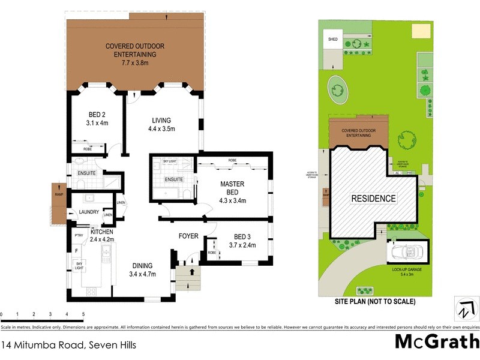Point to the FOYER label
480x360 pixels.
tap(189, 236)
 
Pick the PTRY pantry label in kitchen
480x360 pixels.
tap(77, 236)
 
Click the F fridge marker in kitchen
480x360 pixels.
tap(76, 250)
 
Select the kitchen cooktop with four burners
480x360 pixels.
tap(92, 292)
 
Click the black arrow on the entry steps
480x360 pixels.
tap(192, 271)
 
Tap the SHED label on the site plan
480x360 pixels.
tap(332, 40)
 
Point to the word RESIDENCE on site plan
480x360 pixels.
tap(373, 198)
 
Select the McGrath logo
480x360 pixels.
tap(436, 341)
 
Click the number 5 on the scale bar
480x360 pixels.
tap(83, 314)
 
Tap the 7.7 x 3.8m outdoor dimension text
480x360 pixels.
tap(134, 62)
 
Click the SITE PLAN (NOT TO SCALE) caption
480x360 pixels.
tap(374, 302)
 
